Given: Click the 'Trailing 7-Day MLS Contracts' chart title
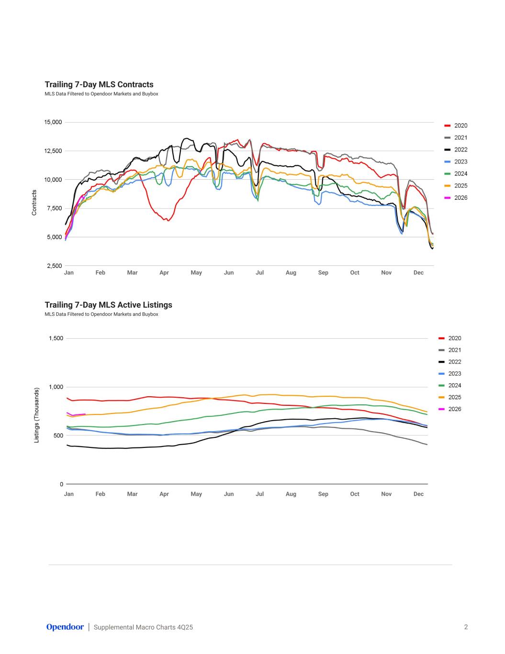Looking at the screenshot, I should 99,85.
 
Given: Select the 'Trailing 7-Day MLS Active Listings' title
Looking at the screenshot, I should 108,305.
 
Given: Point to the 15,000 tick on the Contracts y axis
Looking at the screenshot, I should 53,122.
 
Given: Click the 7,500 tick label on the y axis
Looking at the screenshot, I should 55,208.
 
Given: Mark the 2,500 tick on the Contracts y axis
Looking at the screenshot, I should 55,266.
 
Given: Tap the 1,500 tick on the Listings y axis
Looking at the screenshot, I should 56,339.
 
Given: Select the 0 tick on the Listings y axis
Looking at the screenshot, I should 61,484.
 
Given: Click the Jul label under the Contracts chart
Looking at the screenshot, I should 259,273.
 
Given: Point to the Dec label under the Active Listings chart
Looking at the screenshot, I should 418,494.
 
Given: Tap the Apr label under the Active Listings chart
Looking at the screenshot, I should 164,494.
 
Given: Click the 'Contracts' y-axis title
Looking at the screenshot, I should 34,203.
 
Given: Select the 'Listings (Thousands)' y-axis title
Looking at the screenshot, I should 37,415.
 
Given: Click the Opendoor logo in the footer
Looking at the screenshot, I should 65,627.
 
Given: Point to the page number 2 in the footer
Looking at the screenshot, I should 466,627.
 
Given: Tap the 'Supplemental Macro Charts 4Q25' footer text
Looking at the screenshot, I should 143,627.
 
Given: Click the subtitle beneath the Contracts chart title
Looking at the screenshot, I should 101,94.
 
